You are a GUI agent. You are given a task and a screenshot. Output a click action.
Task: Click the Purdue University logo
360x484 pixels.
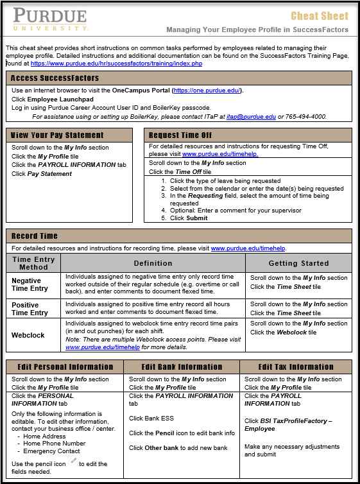tap(51, 20)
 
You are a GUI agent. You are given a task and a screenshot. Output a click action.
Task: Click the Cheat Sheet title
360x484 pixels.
tap(320, 16)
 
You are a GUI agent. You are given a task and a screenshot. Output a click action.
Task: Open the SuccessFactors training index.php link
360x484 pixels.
tap(116, 64)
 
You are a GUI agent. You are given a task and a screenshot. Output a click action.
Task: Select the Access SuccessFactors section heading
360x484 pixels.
tap(55, 78)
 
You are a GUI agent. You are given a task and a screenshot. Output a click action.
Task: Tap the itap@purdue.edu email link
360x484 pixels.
tap(251, 117)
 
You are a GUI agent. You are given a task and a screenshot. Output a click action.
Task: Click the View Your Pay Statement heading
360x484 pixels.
tap(57, 135)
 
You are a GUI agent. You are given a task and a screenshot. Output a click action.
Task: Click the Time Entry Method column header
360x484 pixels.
tap(33, 263)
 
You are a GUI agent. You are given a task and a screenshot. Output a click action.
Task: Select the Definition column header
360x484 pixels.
tap(153, 263)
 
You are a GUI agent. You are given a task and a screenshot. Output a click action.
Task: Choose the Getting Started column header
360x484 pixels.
tap(298, 263)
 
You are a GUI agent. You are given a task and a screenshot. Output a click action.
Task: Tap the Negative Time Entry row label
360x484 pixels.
tap(29, 284)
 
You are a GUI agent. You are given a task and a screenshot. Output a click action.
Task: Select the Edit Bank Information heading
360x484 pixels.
tap(182, 367)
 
